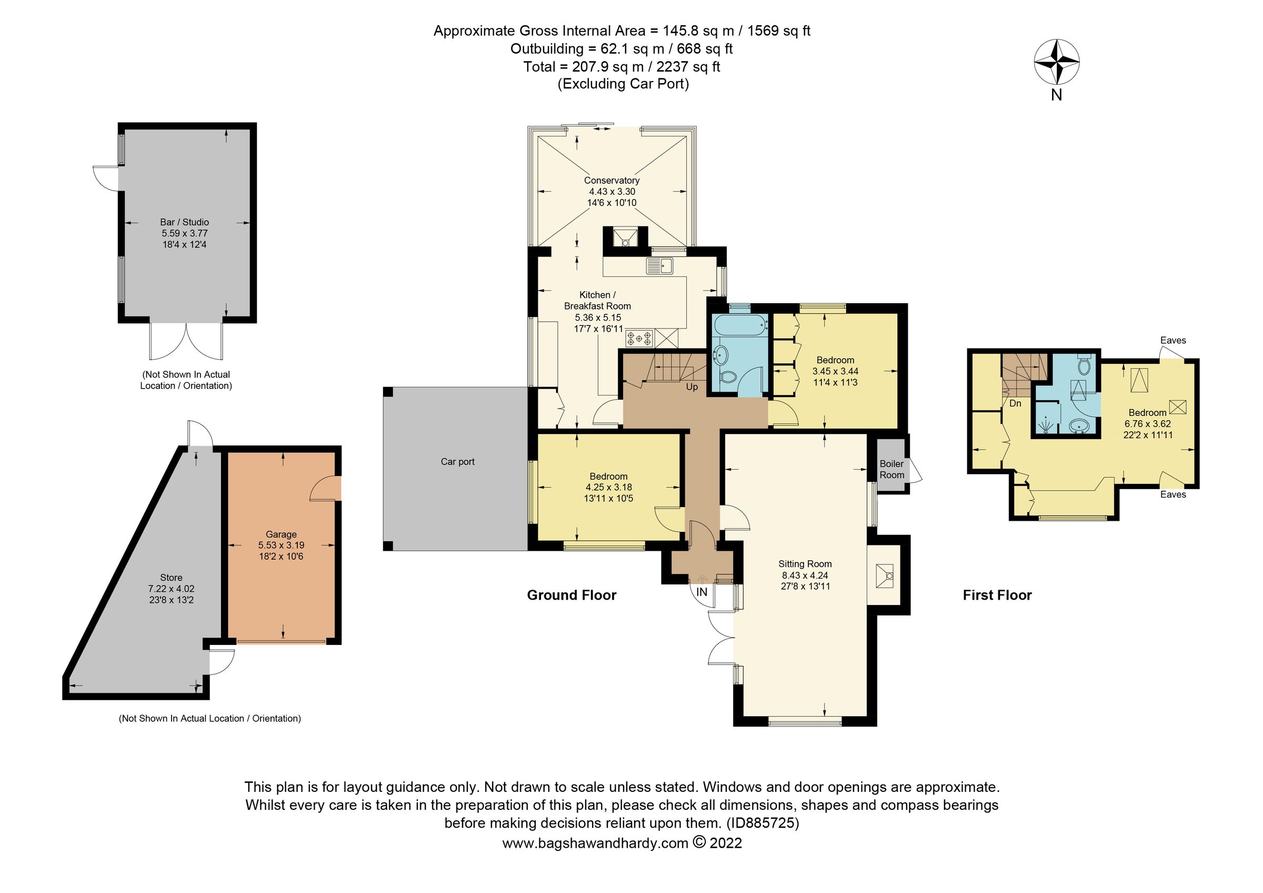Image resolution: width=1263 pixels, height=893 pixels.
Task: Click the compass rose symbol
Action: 1056,62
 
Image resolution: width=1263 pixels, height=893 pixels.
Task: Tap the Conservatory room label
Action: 611,181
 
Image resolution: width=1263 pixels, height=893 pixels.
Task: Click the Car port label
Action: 457,462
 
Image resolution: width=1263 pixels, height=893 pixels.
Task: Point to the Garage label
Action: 281,534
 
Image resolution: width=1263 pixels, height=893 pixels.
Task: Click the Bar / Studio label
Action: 184,222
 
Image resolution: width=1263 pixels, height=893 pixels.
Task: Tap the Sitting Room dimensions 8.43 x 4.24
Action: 805,575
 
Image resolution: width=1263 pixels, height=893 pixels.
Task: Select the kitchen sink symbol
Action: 659,266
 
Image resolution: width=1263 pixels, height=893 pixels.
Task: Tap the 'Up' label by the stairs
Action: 691,388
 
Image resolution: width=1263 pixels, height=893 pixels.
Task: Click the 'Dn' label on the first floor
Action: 1015,403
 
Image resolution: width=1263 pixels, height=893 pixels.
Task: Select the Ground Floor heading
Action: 572,596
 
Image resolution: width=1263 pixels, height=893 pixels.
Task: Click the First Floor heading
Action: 997,596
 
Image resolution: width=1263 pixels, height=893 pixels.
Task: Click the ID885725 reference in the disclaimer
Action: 763,823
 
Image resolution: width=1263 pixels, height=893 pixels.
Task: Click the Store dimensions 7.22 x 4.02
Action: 171,589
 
